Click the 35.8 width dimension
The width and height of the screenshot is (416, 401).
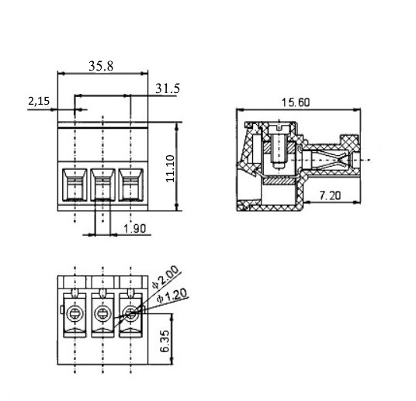[101, 66]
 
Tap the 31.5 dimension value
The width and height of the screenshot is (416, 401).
[168, 88]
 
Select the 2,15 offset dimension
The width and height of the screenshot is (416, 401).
[39, 101]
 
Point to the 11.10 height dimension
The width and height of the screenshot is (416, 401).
[170, 168]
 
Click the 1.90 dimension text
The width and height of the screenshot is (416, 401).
[135, 229]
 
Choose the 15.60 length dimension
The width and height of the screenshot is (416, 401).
[295, 102]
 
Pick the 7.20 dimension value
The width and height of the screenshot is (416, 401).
[330, 195]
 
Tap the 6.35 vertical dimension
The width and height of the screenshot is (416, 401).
[165, 341]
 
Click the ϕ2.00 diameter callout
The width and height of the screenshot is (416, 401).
[165, 278]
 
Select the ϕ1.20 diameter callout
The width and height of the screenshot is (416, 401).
[172, 296]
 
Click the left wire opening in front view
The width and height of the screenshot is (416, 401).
[75, 185]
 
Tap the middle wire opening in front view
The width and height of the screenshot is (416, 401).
[103, 185]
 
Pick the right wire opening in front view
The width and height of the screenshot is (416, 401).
[131, 185]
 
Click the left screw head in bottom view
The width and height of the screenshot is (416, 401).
[75, 314]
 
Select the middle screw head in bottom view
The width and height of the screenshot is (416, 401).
[103, 314]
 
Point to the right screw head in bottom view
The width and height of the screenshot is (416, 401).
[131, 314]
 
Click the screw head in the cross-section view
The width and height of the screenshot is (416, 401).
[279, 130]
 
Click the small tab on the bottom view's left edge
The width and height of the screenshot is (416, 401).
[62, 309]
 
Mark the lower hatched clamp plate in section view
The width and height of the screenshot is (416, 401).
[279, 181]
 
